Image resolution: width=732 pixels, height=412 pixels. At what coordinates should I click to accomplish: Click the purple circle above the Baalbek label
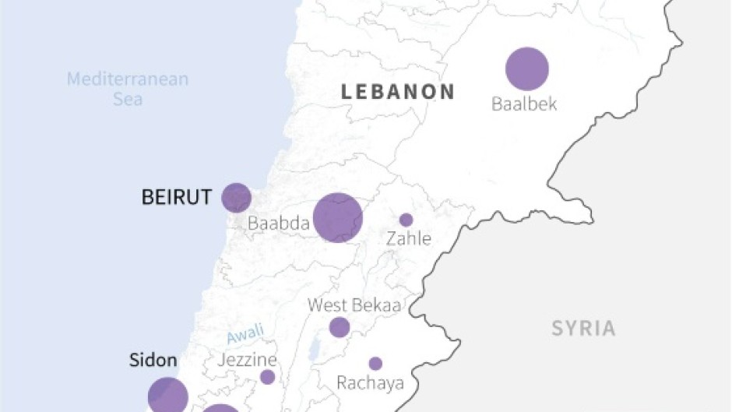point(527,69)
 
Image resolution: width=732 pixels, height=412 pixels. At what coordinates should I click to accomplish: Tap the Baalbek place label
point(524,104)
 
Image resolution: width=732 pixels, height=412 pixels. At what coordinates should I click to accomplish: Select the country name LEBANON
point(398,91)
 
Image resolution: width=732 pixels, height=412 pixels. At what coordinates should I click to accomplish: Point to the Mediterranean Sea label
point(128,89)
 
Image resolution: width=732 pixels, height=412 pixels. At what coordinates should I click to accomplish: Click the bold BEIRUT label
point(177,198)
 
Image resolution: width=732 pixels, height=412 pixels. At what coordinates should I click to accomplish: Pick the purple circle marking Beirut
point(236,198)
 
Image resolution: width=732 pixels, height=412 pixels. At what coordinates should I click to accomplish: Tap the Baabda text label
point(279,224)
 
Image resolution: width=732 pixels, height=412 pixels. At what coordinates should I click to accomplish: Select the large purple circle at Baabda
point(338,218)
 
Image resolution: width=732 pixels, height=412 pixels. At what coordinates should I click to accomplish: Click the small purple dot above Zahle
point(406,220)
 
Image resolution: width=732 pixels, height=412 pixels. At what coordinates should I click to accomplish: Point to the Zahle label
point(408,239)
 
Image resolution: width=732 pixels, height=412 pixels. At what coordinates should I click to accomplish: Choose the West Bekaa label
point(354,305)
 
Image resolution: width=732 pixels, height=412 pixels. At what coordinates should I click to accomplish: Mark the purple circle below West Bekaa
point(340,327)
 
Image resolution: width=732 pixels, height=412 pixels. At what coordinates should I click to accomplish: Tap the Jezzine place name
point(247,360)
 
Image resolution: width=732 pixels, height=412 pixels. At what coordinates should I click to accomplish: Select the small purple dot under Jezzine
point(267,377)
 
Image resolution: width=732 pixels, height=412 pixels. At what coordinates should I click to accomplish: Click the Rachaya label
point(370,383)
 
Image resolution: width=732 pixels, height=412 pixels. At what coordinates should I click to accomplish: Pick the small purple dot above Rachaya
point(375,364)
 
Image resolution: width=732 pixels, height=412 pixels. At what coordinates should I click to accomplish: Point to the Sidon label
point(153,361)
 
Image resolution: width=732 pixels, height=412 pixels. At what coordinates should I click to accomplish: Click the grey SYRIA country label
point(584,329)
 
